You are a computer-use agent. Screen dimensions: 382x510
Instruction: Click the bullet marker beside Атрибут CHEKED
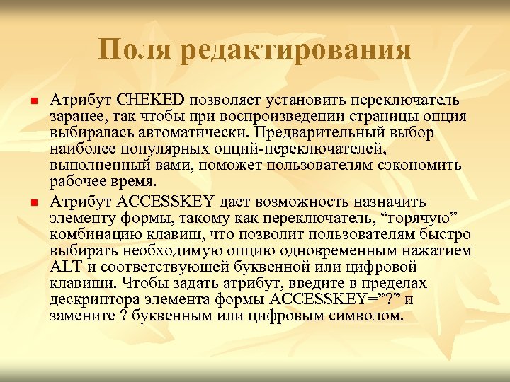click(x=33, y=98)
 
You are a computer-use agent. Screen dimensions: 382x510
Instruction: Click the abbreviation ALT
click(x=66, y=269)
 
